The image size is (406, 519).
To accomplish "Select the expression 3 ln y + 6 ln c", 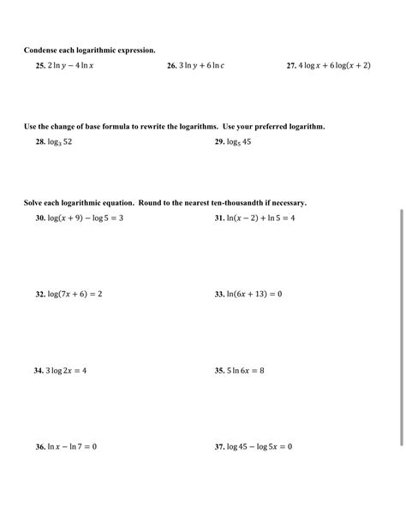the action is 201,65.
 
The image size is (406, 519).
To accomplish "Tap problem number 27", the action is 291,65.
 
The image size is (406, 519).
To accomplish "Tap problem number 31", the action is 219,218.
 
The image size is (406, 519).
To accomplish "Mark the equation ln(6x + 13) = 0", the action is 254,294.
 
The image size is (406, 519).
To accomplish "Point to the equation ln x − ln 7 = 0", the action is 73,446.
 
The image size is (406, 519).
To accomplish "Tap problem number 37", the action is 219,446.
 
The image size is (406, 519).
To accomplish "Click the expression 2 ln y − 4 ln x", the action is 71,65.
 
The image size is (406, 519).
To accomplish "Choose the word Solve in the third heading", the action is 33,203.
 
